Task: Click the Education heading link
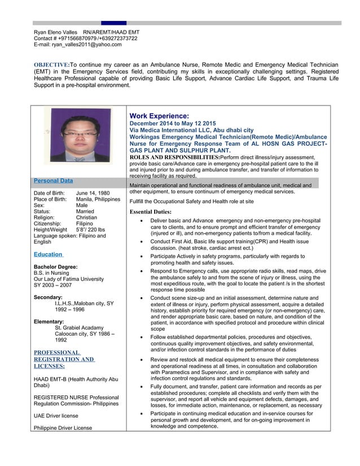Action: (49, 254)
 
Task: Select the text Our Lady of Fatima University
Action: (69, 279)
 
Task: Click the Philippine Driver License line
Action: (63, 429)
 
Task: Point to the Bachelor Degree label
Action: (56, 266)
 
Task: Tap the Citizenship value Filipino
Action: (85, 224)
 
